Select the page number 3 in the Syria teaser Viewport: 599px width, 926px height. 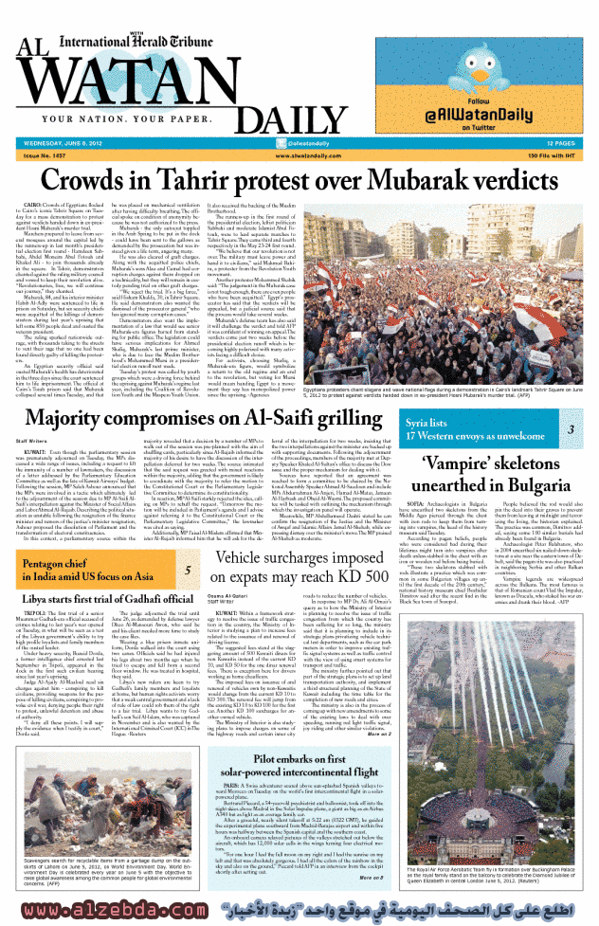coord(571,429)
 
